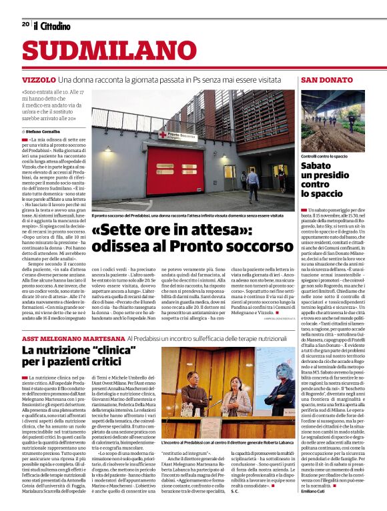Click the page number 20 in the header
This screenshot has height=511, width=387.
[25, 24]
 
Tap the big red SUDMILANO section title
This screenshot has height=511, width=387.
[100, 51]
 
